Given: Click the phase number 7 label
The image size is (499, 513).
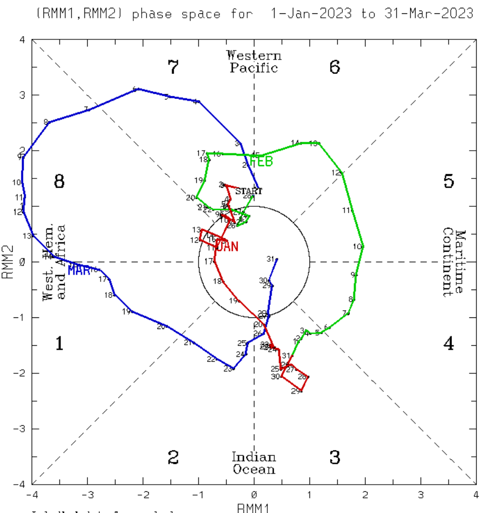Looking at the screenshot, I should coord(173,68).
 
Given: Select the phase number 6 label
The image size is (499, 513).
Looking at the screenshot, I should coord(335,68).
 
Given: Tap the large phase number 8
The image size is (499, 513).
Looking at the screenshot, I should coord(59,181).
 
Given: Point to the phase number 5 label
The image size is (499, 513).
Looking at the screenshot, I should coord(449,181).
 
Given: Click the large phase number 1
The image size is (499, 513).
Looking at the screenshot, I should coord(59,344).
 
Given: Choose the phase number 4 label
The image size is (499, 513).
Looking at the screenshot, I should coord(449,344).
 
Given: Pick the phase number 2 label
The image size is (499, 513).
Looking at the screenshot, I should coord(173,458).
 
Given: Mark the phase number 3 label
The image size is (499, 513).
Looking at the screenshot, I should coord(335,458).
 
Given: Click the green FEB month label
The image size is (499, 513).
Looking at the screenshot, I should coord(261,162).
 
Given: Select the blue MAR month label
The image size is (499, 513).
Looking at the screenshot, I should coord(79,270).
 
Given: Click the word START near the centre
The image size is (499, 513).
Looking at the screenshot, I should coord(249,191).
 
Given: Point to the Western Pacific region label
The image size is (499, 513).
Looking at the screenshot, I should coord(254,62).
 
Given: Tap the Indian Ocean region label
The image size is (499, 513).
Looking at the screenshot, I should coord(254,463).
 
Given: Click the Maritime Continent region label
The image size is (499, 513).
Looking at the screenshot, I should coord(454,262).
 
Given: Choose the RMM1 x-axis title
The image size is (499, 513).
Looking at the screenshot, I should coord(254,507).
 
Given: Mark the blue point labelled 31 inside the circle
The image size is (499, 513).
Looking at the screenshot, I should coord(277,260).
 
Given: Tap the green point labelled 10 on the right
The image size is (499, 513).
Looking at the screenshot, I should coord(363,246).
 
